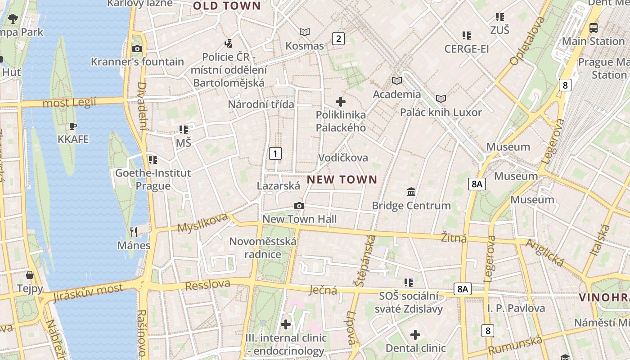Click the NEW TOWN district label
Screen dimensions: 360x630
(342, 180)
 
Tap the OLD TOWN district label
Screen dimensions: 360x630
(227, 6)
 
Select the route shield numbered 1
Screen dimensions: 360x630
(275, 153)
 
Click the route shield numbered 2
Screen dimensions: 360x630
(338, 39)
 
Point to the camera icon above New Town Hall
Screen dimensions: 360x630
(299, 206)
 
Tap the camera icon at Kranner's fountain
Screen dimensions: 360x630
(137, 49)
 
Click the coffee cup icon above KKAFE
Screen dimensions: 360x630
(73, 126)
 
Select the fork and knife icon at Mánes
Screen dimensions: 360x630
(134, 232)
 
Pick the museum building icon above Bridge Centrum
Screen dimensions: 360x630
(411, 192)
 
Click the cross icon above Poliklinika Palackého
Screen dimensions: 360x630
(341, 102)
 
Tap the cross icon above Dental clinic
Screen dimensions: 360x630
(415, 335)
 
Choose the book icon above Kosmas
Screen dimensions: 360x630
(305, 32)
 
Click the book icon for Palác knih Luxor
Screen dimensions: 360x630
(441, 99)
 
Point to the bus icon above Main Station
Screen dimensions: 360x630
(594, 28)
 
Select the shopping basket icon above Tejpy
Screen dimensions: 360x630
(30, 275)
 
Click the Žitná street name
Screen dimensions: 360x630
(454, 238)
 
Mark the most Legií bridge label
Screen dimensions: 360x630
(69, 103)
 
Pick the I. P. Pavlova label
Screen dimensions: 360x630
(516, 308)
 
